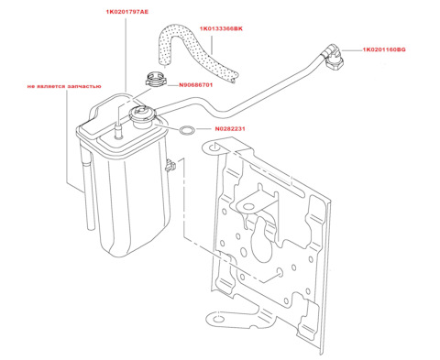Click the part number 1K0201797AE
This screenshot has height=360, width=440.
(x=127, y=12)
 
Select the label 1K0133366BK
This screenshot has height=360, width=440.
(x=221, y=28)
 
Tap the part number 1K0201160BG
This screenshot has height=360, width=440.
(x=384, y=49)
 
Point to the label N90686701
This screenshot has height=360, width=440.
(x=195, y=85)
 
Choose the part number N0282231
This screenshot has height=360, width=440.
(x=230, y=129)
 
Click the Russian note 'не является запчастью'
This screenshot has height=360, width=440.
(x=64, y=86)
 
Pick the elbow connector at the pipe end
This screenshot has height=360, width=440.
(x=333, y=58)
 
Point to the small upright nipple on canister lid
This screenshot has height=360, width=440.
(x=118, y=131)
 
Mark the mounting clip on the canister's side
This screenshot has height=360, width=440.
(x=170, y=166)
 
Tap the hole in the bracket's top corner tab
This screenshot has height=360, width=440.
(x=214, y=148)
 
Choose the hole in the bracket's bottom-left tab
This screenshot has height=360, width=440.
(x=219, y=320)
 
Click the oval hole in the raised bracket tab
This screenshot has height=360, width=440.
(x=249, y=206)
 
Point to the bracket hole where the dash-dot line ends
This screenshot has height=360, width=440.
(x=280, y=272)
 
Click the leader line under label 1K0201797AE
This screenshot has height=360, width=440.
(x=126, y=55)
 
